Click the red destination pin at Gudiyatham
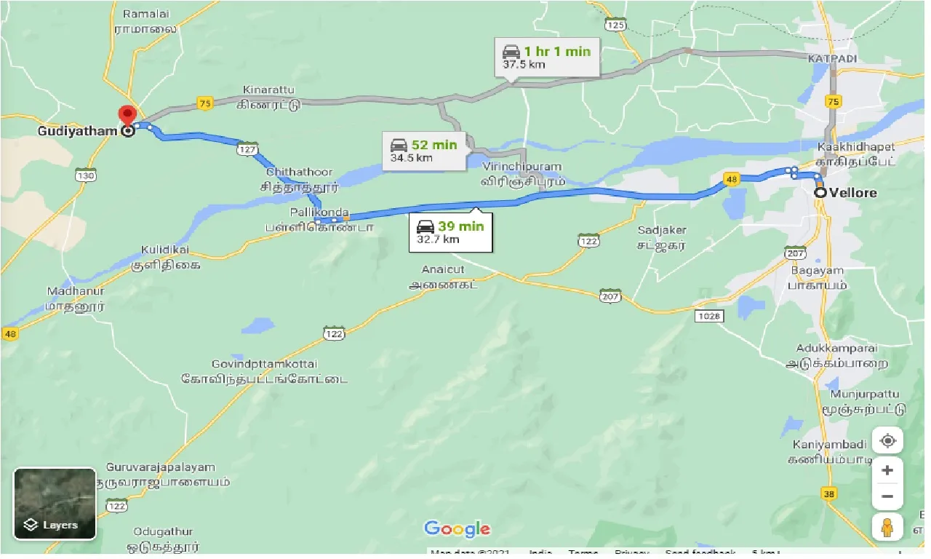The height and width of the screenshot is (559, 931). (128, 116)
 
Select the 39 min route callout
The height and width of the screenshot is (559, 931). (450, 232)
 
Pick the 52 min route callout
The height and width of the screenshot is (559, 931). (424, 151)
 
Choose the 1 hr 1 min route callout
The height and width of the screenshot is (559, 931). (547, 58)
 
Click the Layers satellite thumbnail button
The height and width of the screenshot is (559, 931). (55, 504)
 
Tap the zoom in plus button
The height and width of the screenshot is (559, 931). (887, 471)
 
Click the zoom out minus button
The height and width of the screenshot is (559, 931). (887, 497)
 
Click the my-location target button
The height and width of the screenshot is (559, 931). (887, 441)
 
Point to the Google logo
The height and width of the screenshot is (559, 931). (457, 529)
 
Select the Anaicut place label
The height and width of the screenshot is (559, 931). (443, 269)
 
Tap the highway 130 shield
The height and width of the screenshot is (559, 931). (86, 175)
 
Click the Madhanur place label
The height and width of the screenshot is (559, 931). (76, 291)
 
